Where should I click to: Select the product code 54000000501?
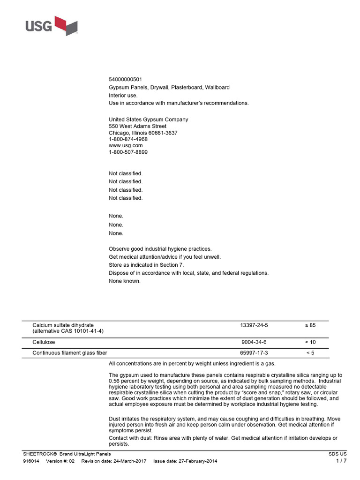125,79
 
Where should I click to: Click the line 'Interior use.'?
123,95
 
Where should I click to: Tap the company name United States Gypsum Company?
149,120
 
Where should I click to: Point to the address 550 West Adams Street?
137,126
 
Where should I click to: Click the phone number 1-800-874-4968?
128,139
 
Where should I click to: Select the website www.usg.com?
126,145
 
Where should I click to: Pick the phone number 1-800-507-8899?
128,152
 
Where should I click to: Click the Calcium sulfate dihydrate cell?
63,325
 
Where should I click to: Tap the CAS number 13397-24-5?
254,325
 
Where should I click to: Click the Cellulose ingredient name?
44,343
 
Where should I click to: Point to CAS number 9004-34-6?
254,343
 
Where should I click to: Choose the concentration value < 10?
310,343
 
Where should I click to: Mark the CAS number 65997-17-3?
254,353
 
